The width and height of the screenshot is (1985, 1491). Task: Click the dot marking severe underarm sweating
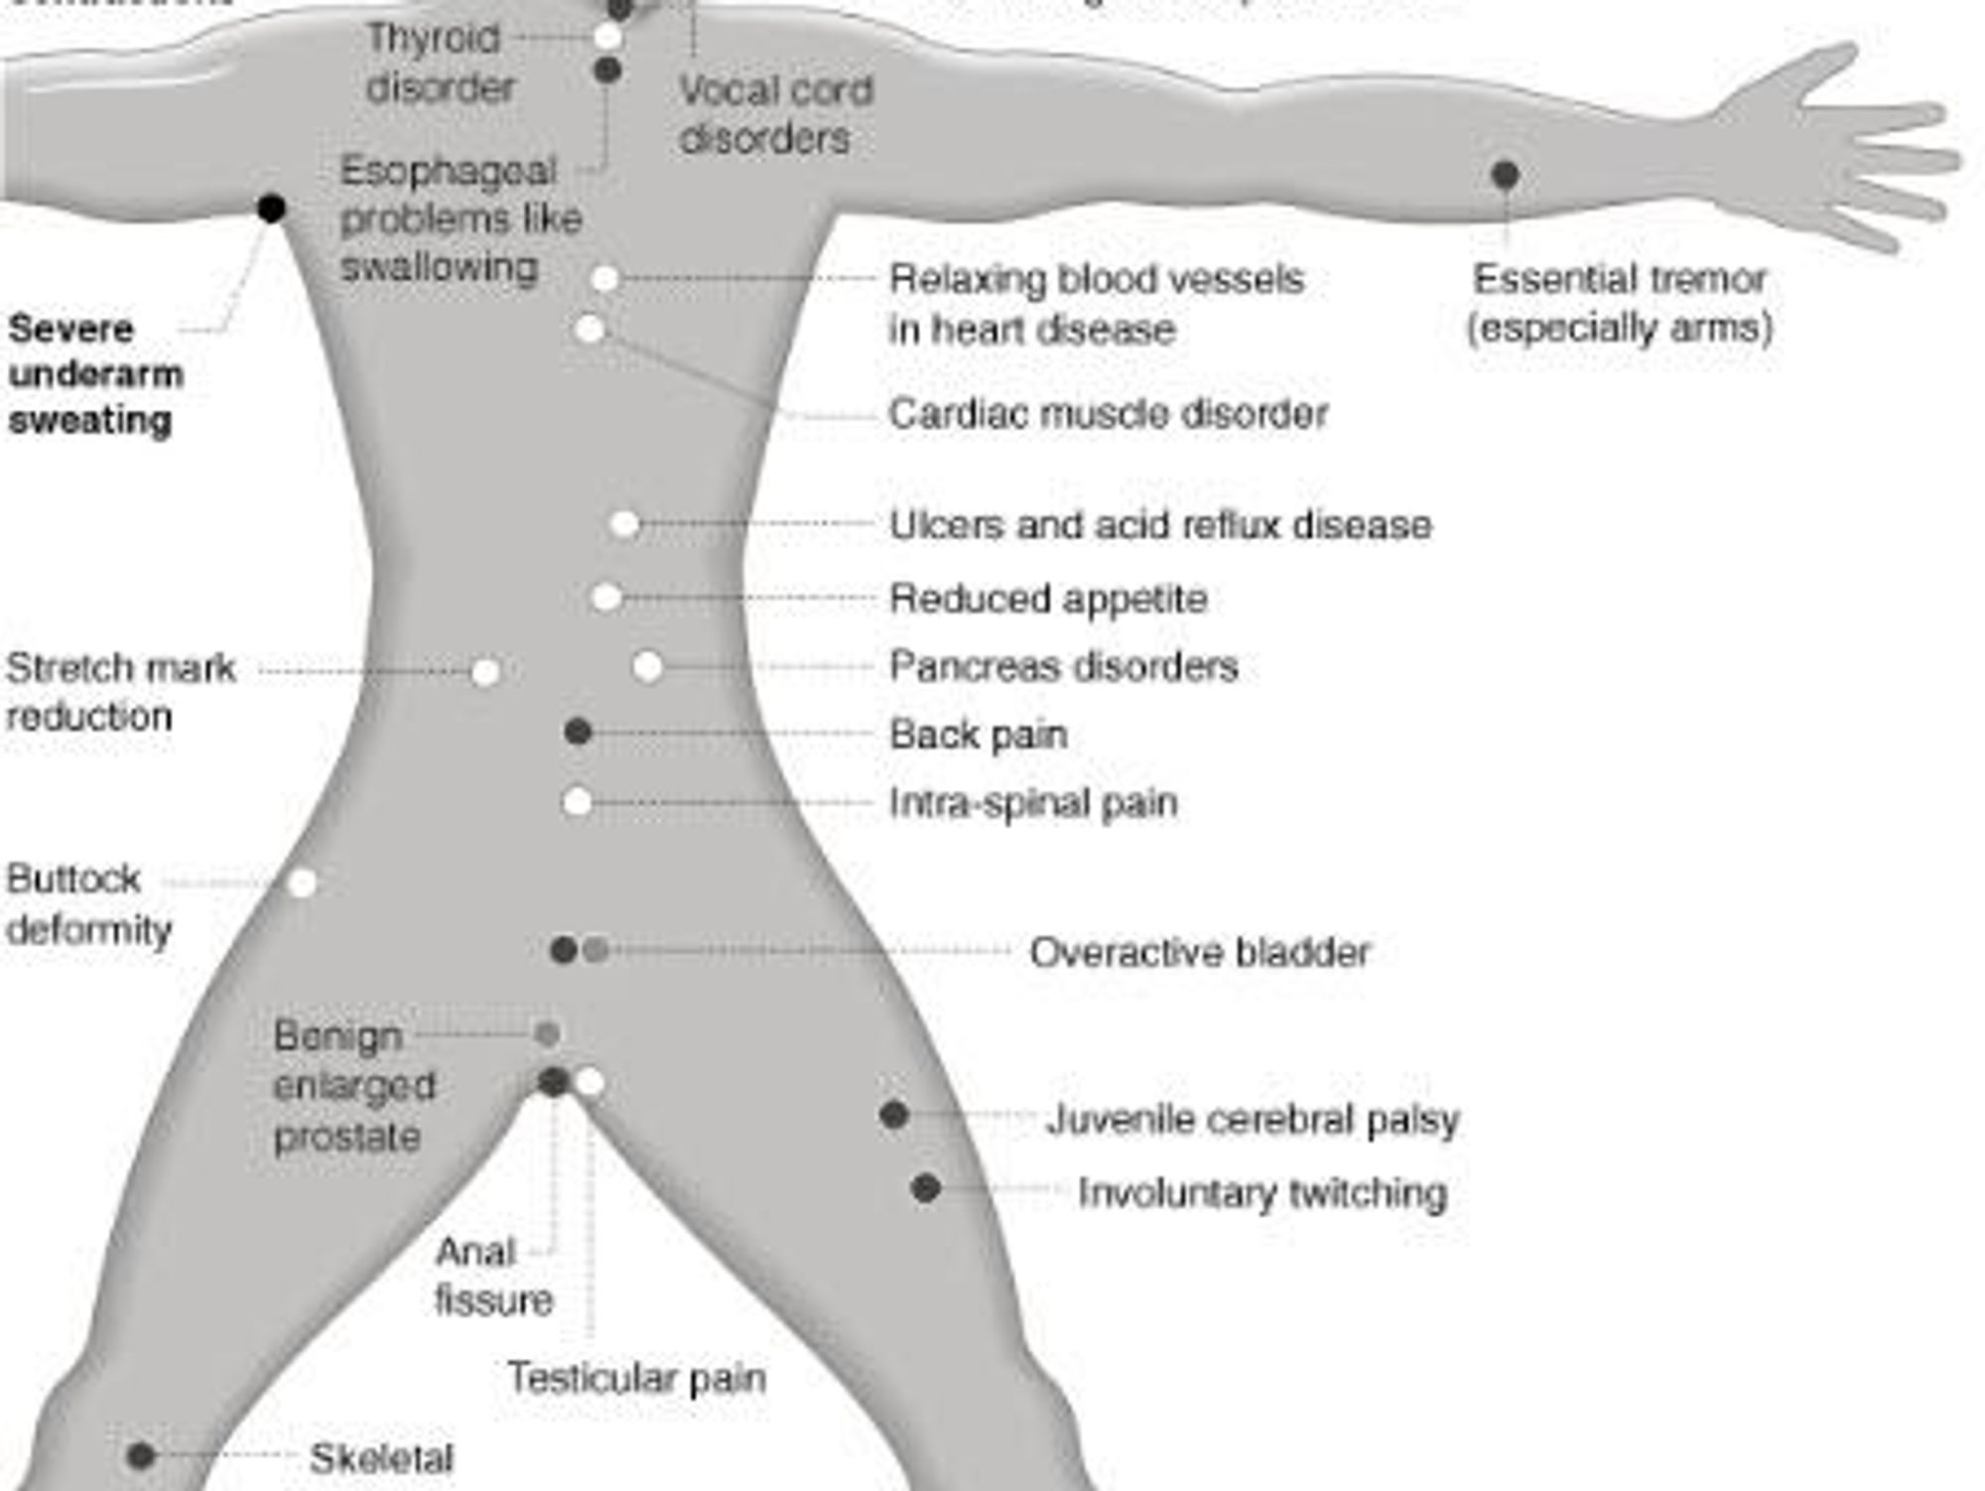point(271,208)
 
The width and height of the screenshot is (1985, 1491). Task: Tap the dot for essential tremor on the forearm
point(1505,175)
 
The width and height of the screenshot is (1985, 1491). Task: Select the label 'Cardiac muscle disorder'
point(1108,414)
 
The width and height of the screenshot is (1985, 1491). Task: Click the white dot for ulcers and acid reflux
point(624,524)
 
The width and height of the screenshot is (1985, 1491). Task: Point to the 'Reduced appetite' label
point(1048,599)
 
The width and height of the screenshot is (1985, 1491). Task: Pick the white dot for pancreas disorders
point(647,666)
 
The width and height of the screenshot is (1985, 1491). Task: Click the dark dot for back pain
point(578,733)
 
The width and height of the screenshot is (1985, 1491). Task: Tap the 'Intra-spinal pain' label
point(1033,802)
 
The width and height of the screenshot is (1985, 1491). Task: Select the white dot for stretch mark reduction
point(485,672)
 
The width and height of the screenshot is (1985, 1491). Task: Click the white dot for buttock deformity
point(303,881)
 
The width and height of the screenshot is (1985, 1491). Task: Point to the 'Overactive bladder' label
point(1199,952)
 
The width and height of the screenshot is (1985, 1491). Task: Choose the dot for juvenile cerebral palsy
point(893,1115)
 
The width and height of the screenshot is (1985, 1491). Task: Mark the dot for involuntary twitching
point(925,1187)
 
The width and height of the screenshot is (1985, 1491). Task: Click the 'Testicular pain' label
point(636,1378)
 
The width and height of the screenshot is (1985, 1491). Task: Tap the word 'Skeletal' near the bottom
point(381,1458)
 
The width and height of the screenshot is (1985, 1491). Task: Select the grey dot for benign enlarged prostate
point(547,1034)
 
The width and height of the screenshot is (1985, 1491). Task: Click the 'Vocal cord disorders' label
point(774,114)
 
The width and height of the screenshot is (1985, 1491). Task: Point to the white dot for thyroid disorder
point(607,38)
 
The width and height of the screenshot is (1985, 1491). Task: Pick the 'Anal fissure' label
point(492,1276)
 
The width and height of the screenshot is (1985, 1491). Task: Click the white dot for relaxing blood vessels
point(604,279)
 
